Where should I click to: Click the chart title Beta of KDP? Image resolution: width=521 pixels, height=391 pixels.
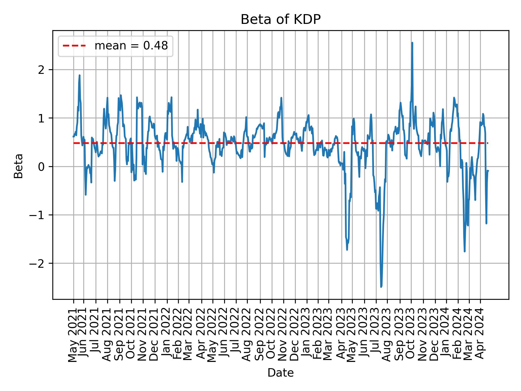coord(281,20)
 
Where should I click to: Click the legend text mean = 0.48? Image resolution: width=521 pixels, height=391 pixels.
coord(131,46)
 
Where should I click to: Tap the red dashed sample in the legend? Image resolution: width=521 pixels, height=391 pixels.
coord(74,46)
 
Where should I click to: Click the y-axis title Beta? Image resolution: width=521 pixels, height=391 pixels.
coord(18,166)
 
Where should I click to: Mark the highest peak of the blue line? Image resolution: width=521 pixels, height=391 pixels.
coord(412,43)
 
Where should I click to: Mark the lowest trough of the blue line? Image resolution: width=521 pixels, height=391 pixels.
coord(381,287)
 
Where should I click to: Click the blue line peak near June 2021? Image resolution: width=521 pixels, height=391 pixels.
coord(80,75)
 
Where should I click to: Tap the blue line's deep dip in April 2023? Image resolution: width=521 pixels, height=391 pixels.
coord(347,249)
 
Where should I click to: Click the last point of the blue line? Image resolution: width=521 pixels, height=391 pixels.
coord(488,171)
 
